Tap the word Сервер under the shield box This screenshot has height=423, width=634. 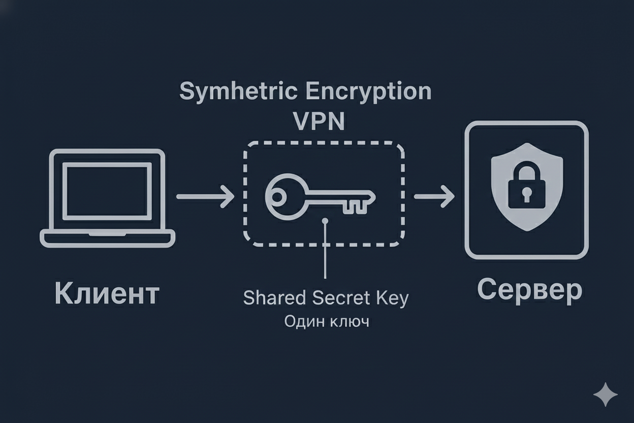click(x=529, y=290)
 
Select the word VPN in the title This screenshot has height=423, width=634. click(x=319, y=122)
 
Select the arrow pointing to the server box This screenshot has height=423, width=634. click(x=434, y=196)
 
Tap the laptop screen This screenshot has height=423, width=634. click(x=107, y=190)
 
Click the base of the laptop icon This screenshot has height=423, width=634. click(x=107, y=237)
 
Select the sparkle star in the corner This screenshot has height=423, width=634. click(x=606, y=395)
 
